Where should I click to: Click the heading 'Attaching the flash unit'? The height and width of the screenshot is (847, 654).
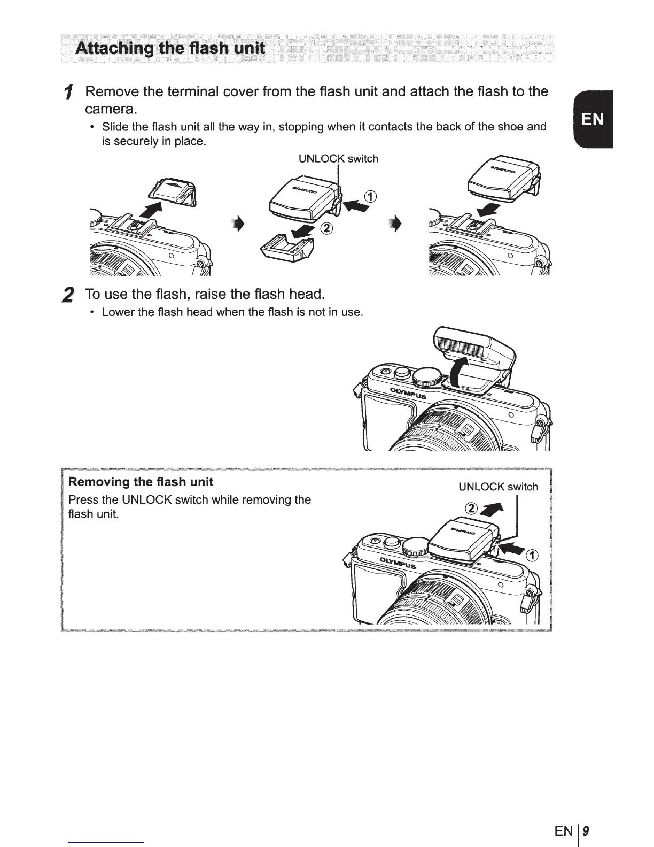click(170, 49)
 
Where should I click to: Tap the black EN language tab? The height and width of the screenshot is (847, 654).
click(592, 119)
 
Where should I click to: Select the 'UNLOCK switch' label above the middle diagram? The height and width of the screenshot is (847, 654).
click(338, 159)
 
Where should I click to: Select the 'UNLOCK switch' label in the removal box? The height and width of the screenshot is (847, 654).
click(498, 487)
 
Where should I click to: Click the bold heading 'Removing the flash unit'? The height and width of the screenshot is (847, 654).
click(141, 482)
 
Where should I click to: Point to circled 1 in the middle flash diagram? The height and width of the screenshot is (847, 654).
click(370, 196)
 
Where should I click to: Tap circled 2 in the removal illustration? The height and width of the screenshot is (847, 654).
click(471, 509)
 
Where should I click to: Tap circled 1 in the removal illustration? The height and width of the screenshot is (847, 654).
click(532, 555)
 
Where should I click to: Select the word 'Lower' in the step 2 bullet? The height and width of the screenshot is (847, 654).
click(116, 312)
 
